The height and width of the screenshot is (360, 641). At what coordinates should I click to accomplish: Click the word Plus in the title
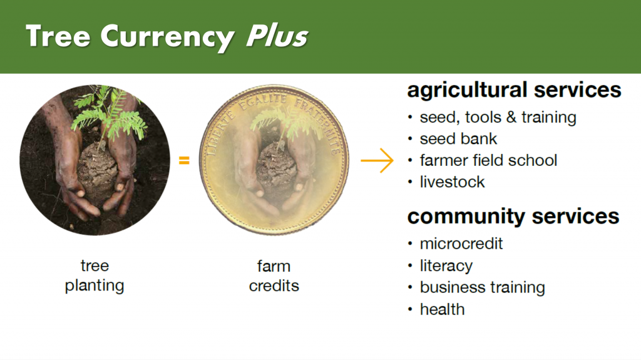pos(277,36)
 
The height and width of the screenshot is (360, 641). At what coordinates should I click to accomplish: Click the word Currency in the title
pos(167,38)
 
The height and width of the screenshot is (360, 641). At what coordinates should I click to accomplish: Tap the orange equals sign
pos(185,160)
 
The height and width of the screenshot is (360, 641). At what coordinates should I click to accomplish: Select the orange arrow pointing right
pos(377,160)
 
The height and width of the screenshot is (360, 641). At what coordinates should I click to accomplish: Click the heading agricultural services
pos(515,90)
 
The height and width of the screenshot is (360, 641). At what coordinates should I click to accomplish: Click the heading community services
pos(513,217)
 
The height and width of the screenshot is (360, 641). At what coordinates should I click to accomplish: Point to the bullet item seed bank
pos(458,139)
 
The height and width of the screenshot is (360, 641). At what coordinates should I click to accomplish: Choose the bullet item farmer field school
pos(488,160)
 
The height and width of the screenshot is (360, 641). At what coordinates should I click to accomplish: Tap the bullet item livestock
pos(452,182)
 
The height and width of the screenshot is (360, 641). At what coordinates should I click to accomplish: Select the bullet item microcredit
pos(461,244)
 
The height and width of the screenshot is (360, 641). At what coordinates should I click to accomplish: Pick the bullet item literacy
pos(446,266)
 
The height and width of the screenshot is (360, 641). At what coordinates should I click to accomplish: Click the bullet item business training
pos(483,287)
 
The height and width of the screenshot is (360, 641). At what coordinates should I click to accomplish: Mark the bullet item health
pos(443,310)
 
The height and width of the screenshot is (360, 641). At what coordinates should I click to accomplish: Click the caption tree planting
pos(95,275)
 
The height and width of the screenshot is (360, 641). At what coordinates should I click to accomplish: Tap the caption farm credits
pos(274,276)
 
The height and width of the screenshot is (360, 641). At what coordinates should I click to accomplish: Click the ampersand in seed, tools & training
pos(511,118)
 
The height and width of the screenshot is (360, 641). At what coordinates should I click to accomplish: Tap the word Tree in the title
pos(58,36)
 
